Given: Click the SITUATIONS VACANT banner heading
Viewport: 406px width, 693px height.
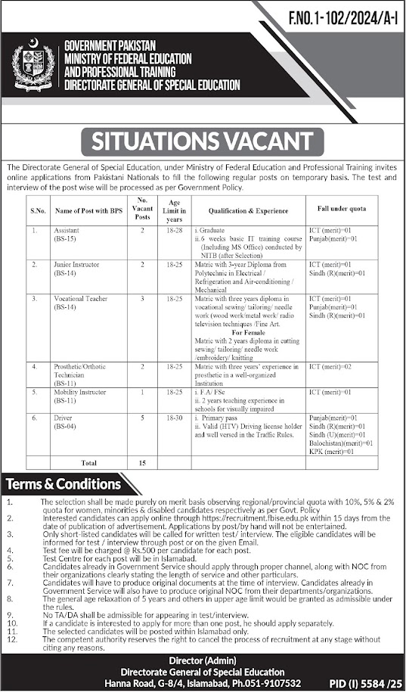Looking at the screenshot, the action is (x=203, y=141).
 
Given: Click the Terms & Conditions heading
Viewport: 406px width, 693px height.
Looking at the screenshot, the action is (x=64, y=484).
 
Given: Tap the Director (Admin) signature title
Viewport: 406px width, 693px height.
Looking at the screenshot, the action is (x=203, y=660).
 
